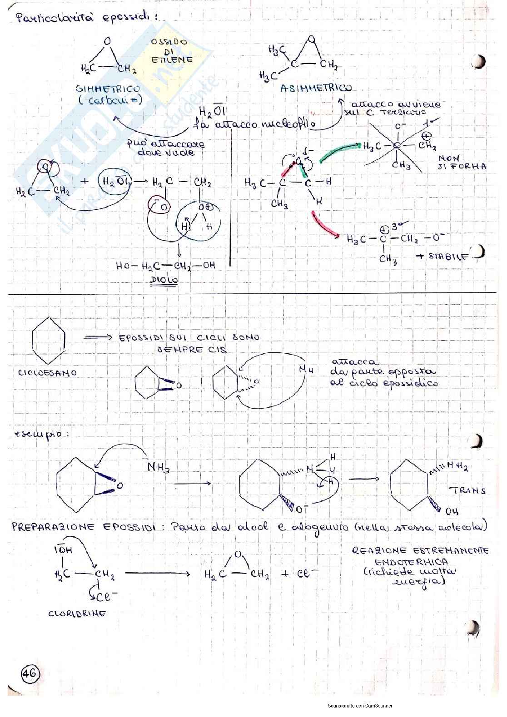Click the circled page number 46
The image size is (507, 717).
(x=30, y=673)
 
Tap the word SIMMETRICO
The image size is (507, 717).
(x=108, y=89)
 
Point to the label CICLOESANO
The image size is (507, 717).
(x=47, y=372)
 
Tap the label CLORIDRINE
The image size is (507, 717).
(x=77, y=613)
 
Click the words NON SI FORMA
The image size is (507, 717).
(x=462, y=162)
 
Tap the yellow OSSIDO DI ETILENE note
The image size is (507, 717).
(x=171, y=50)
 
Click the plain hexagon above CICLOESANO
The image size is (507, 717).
(x=50, y=340)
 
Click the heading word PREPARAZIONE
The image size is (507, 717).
(x=53, y=527)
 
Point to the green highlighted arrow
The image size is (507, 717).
(x=338, y=151)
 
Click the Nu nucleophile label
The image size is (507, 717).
(x=307, y=370)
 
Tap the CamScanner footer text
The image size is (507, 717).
(x=360, y=706)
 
